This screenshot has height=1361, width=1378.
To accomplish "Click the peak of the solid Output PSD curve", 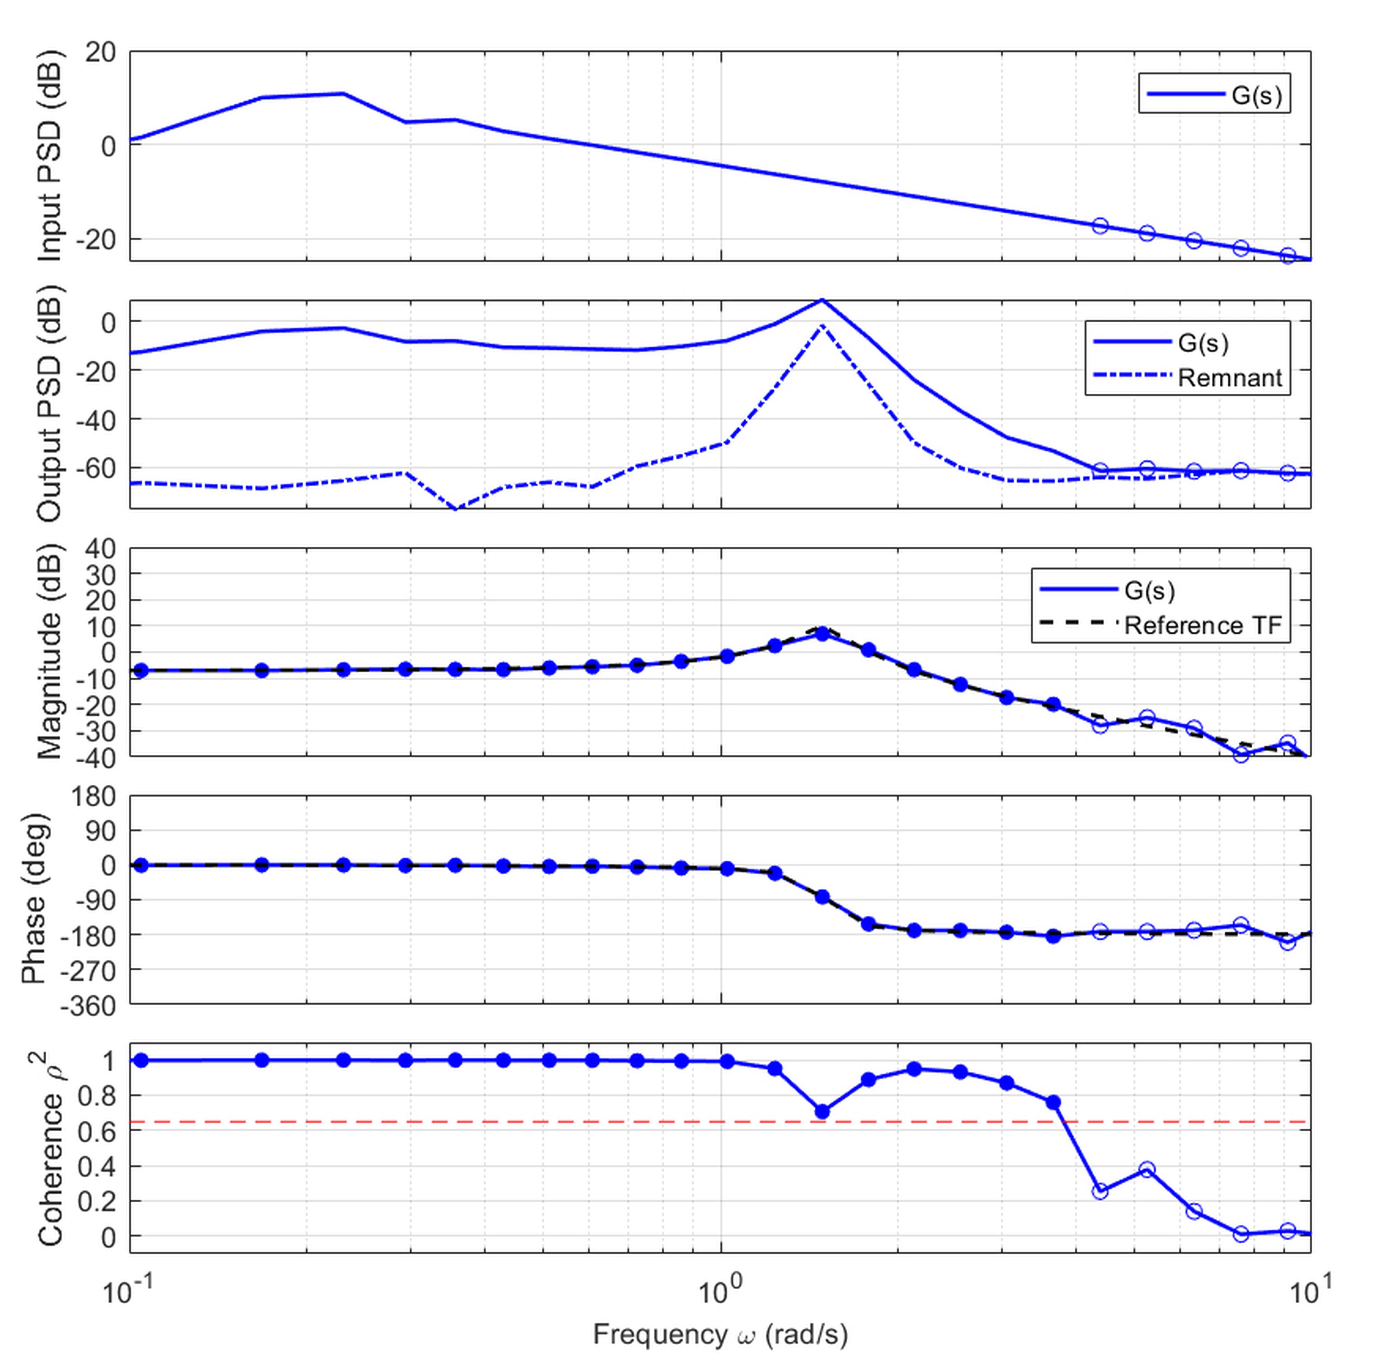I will (x=822, y=300).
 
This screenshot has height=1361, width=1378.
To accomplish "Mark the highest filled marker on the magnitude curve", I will (x=822, y=633).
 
